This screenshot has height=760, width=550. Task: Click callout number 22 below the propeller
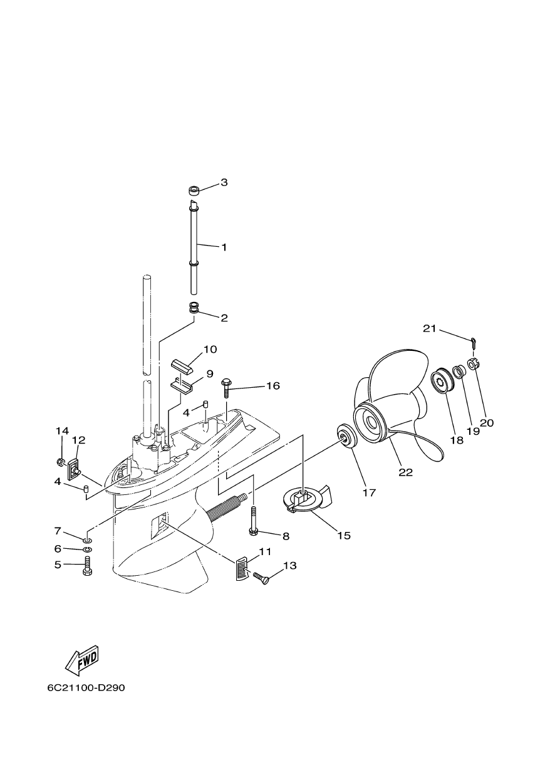tap(405, 472)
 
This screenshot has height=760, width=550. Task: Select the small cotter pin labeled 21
tap(473, 342)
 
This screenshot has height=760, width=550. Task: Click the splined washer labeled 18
tap(439, 382)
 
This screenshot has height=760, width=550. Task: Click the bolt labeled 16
tap(226, 388)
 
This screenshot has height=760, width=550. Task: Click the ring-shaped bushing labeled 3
tap(194, 190)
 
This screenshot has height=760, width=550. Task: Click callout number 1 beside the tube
tap(224, 247)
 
